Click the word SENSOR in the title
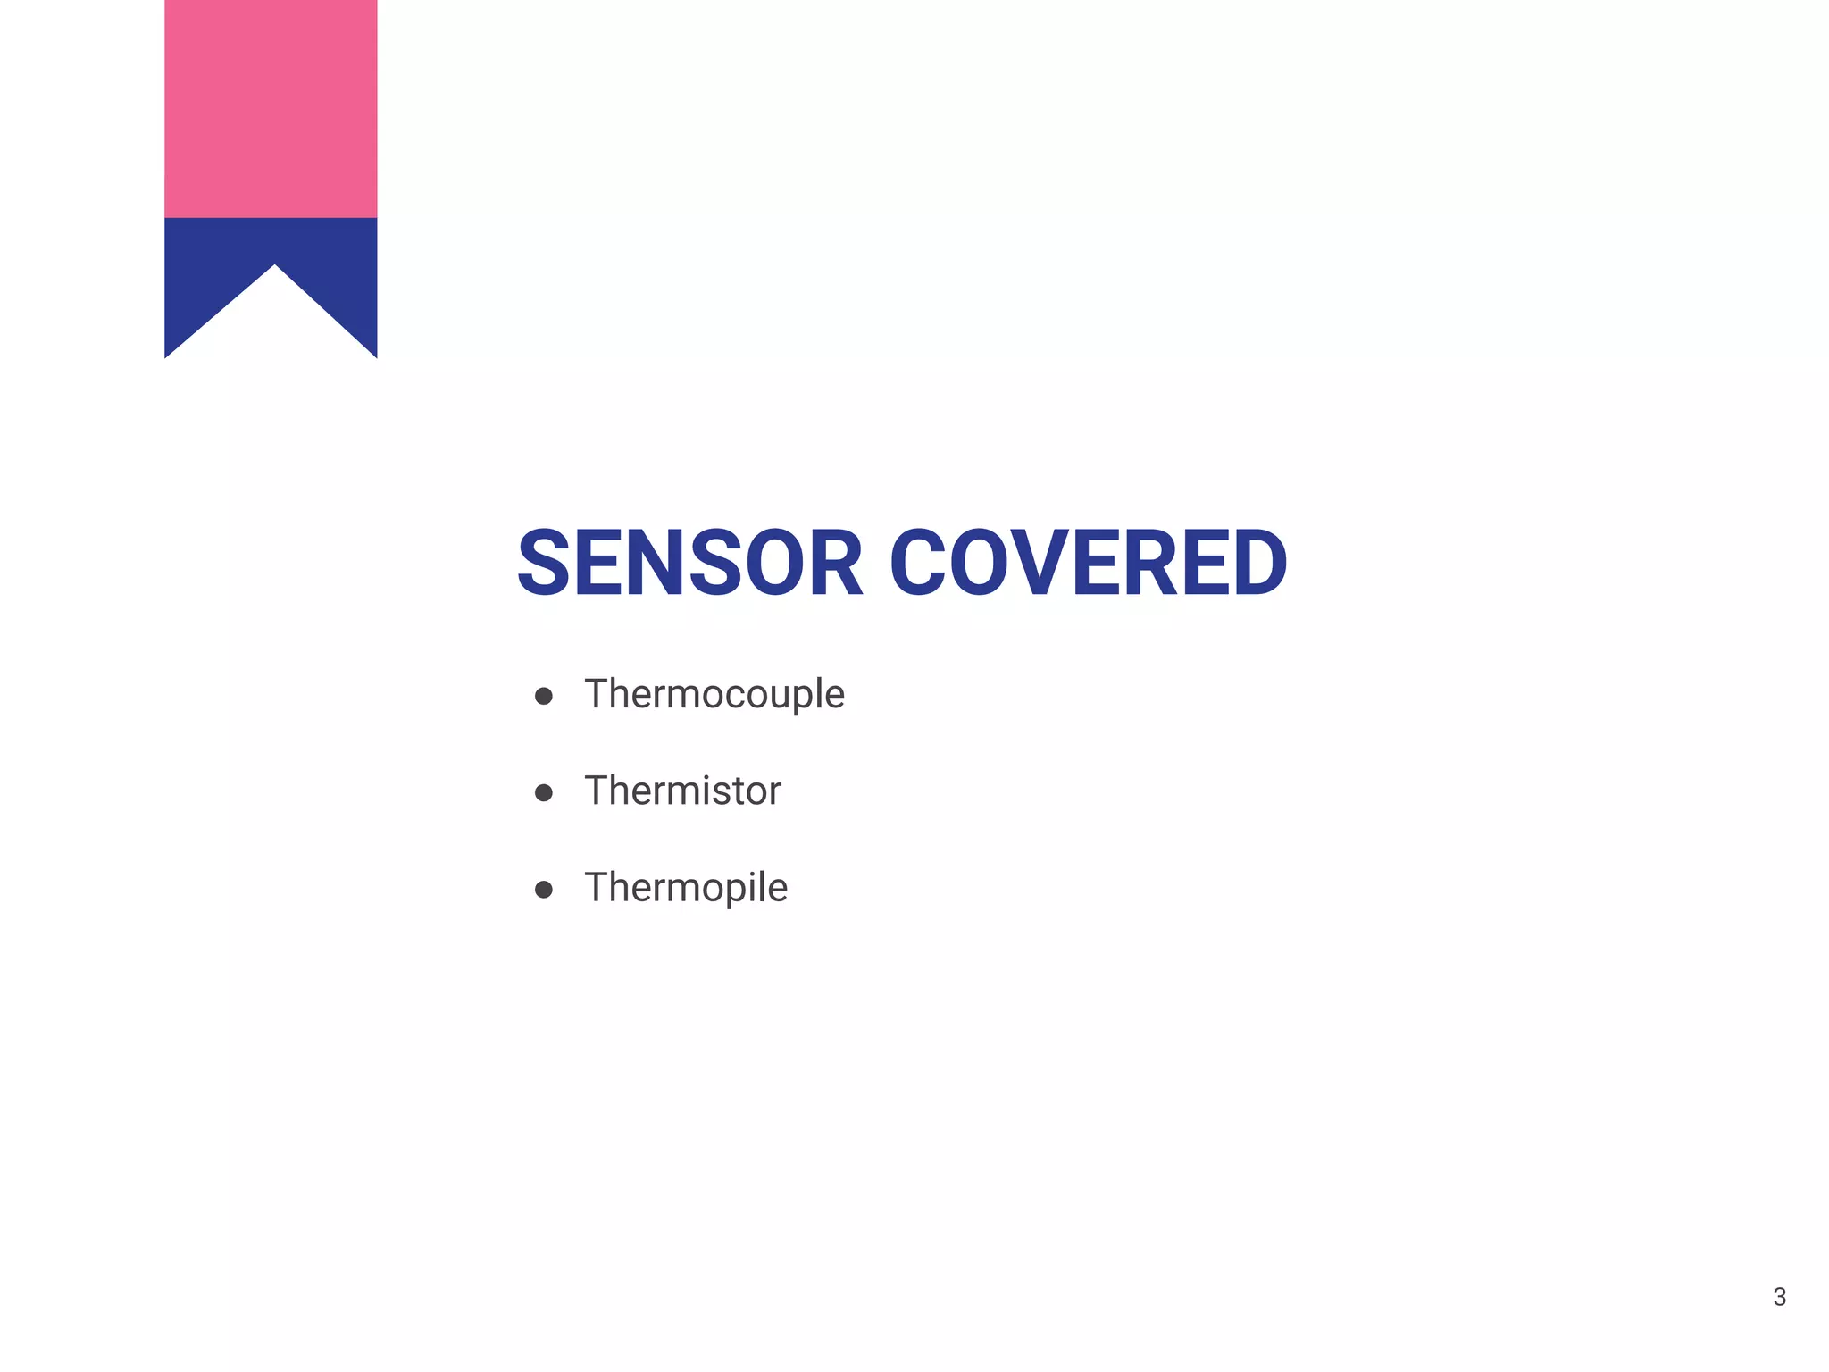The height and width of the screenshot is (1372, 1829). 689,564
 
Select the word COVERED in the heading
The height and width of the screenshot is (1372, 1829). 1088,564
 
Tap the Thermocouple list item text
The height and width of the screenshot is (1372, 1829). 714,695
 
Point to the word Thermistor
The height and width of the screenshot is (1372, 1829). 682,791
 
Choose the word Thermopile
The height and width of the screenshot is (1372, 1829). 686,888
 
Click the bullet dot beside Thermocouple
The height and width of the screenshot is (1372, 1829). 543,696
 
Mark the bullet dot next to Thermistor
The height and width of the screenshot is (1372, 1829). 543,792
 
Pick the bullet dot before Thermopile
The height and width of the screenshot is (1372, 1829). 543,889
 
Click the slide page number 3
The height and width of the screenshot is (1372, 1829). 1779,1297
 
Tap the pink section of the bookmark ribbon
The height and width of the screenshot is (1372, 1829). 271,107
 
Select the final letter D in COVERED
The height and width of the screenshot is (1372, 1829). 1254,564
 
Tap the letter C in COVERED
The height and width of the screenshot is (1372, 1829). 923,564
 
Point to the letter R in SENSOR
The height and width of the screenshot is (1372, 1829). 831,564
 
